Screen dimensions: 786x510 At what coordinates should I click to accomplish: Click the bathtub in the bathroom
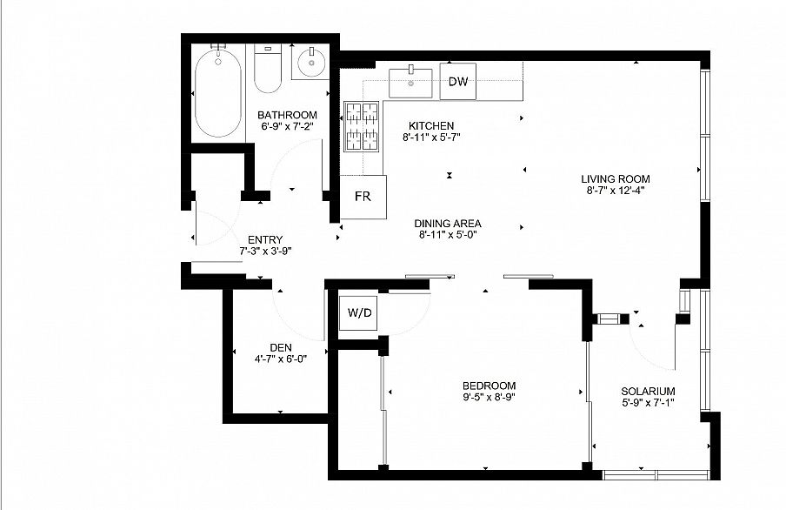click(218, 93)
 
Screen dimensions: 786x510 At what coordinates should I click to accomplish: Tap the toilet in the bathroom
click(268, 69)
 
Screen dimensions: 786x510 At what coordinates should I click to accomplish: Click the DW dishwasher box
click(457, 81)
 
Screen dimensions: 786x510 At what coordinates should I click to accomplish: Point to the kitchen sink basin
click(410, 84)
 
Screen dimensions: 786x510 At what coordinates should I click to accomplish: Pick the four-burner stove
click(362, 126)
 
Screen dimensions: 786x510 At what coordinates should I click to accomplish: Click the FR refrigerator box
click(363, 197)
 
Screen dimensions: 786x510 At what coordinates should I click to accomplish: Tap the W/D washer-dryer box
click(359, 313)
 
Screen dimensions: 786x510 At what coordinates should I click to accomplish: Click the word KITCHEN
click(431, 125)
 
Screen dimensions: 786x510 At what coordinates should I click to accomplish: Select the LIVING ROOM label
click(616, 178)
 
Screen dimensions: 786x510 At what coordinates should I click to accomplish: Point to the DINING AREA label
click(448, 224)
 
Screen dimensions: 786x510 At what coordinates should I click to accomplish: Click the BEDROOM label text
click(489, 386)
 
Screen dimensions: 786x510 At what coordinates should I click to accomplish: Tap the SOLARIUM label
click(648, 391)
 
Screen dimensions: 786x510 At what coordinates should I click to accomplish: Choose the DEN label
click(281, 347)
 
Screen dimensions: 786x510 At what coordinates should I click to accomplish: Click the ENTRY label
click(265, 240)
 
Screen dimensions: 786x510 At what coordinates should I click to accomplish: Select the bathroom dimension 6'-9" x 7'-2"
click(287, 126)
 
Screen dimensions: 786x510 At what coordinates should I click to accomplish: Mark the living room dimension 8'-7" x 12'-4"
click(616, 191)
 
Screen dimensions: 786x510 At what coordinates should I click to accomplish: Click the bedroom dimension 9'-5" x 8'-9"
click(489, 397)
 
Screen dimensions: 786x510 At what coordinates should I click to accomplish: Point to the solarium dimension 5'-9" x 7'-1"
click(648, 403)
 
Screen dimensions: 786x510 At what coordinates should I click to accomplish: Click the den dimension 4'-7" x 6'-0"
click(281, 359)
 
